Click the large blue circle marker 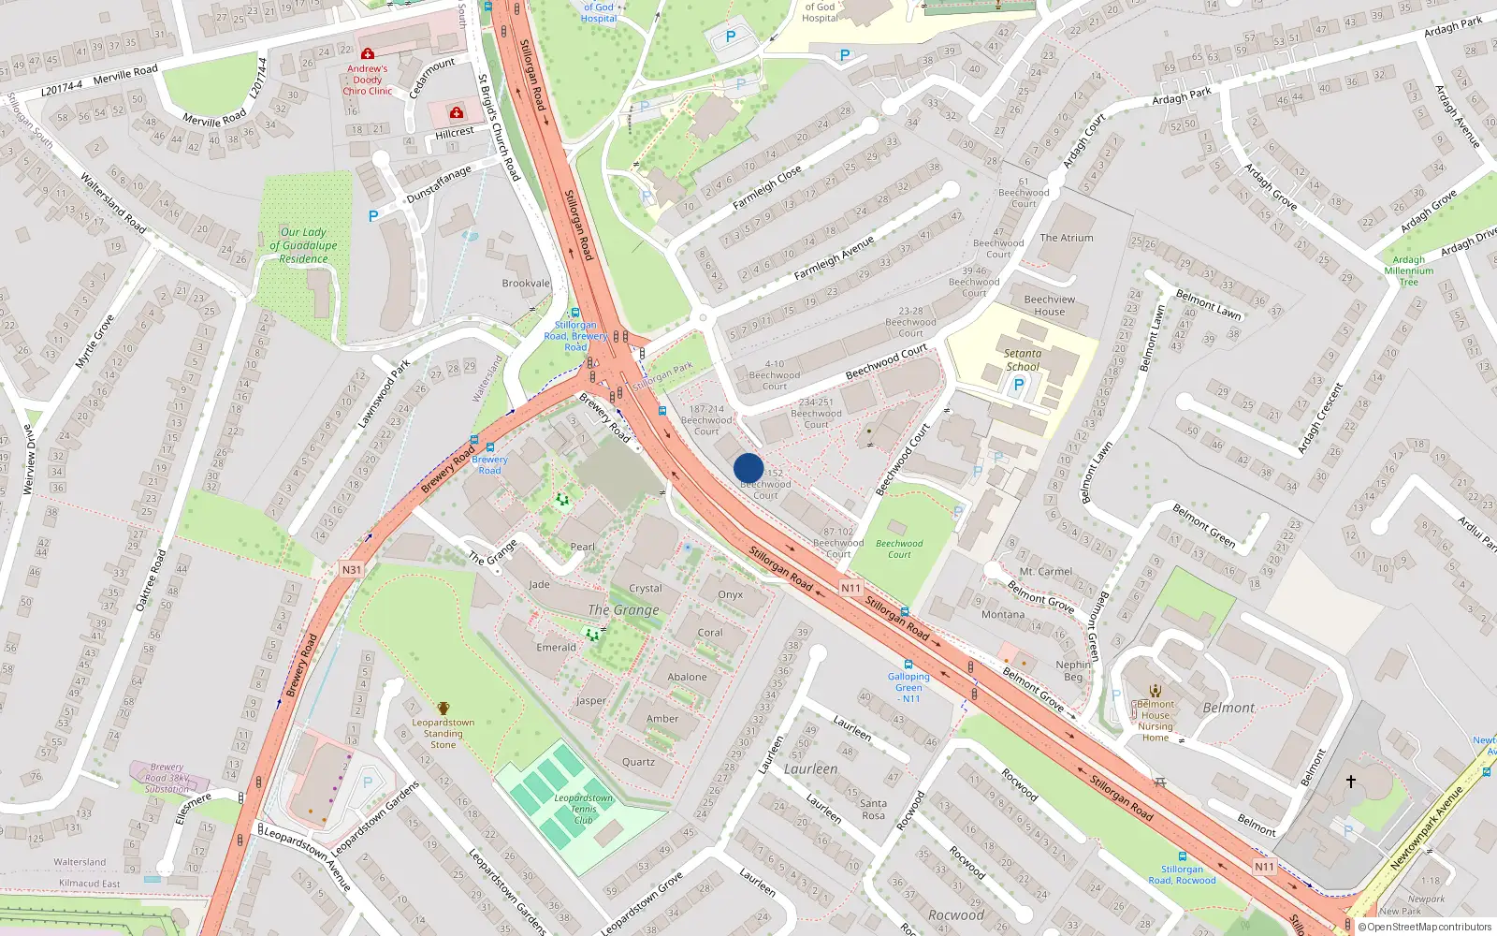(x=748, y=468)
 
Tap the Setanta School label (x=1023, y=360)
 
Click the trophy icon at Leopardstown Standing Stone (x=443, y=709)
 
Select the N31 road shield (x=351, y=569)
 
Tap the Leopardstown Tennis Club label (x=583, y=809)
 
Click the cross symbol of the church (x=1351, y=781)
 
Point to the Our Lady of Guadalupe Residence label (x=303, y=245)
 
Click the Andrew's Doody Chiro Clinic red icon (x=368, y=54)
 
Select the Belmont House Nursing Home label (x=1155, y=721)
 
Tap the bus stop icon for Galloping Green (x=908, y=665)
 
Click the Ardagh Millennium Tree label (x=1408, y=271)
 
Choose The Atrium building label (x=1067, y=238)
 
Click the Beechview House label (x=1050, y=305)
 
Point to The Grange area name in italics (x=623, y=609)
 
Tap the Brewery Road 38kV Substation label (x=167, y=778)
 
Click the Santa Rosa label (x=873, y=809)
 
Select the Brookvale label (x=526, y=283)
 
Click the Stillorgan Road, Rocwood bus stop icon (x=1183, y=856)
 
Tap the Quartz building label (x=638, y=762)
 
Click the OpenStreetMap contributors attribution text (x=1429, y=927)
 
